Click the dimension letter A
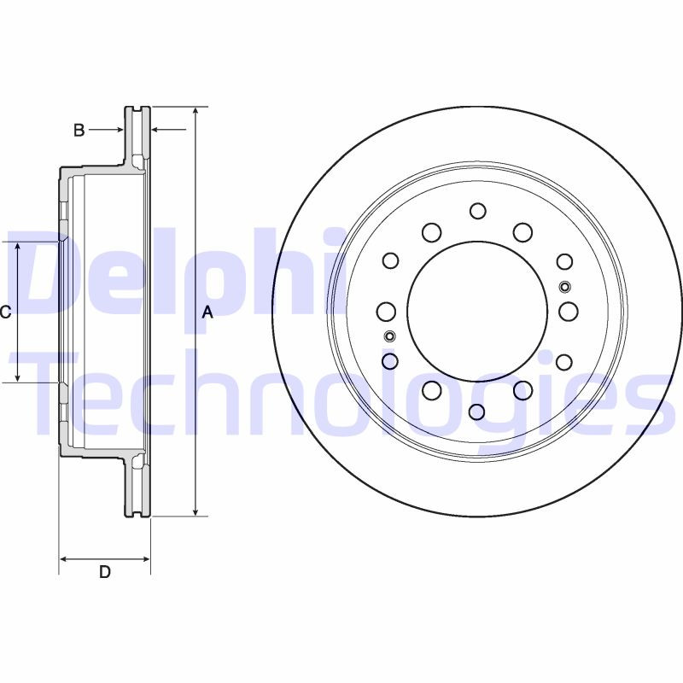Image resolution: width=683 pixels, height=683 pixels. coord(206,313)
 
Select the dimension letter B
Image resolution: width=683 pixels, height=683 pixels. coord(79,131)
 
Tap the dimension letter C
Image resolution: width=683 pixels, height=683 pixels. coord(5,312)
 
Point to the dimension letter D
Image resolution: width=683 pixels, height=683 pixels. coord(104,572)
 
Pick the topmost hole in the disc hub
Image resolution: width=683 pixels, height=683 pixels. coord(477,211)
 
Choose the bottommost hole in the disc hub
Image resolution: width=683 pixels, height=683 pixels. coord(477,412)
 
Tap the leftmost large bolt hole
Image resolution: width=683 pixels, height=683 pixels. coord(387,312)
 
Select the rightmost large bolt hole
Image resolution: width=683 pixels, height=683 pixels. coord(569,312)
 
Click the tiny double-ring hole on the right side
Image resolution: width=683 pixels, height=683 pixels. coord(564,286)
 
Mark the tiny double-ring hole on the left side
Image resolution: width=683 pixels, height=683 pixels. coord(390,335)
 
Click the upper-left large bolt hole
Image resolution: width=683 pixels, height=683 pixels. coord(432,232)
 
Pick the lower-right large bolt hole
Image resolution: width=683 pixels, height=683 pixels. coord(523,390)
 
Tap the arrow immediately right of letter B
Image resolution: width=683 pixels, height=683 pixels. coord(117,131)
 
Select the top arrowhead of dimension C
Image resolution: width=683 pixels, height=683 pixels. coord(18,247)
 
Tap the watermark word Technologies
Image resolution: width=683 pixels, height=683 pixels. coord(341,401)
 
